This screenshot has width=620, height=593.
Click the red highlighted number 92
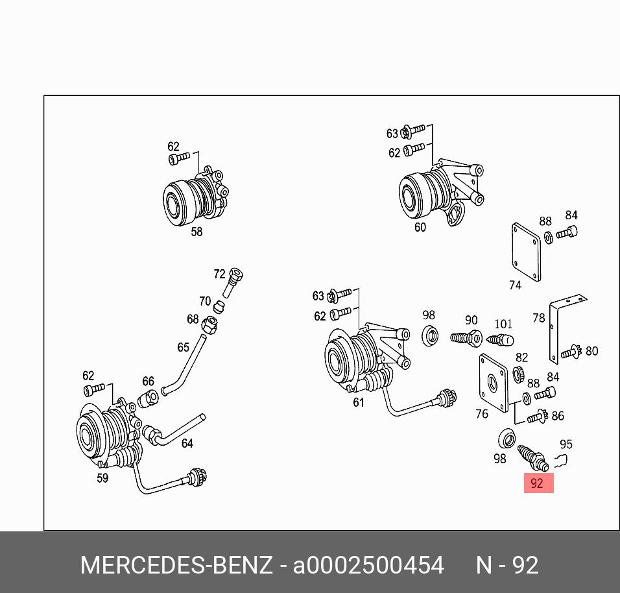[x=538, y=483]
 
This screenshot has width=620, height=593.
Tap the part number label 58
[x=197, y=231]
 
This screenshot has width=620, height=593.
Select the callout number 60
[x=420, y=227]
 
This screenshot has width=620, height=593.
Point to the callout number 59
[x=102, y=478]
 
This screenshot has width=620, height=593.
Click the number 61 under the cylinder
[x=359, y=402]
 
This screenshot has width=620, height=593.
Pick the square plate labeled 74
[x=526, y=252]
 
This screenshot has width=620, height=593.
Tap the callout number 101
[x=503, y=324]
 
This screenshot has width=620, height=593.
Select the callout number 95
[x=566, y=444]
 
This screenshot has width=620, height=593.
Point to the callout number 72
[x=219, y=274]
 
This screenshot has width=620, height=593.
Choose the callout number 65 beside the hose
[x=183, y=348]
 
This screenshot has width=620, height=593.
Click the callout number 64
[x=187, y=443]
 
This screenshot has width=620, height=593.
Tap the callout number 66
[x=148, y=381]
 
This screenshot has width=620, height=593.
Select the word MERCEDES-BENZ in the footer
[x=176, y=565]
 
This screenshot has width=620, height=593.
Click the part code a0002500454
[x=368, y=565]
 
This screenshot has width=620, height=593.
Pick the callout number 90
[x=471, y=320]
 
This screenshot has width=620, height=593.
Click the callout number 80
[x=591, y=351]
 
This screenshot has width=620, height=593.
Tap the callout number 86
[x=558, y=416]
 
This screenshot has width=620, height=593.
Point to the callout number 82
[x=522, y=357]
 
